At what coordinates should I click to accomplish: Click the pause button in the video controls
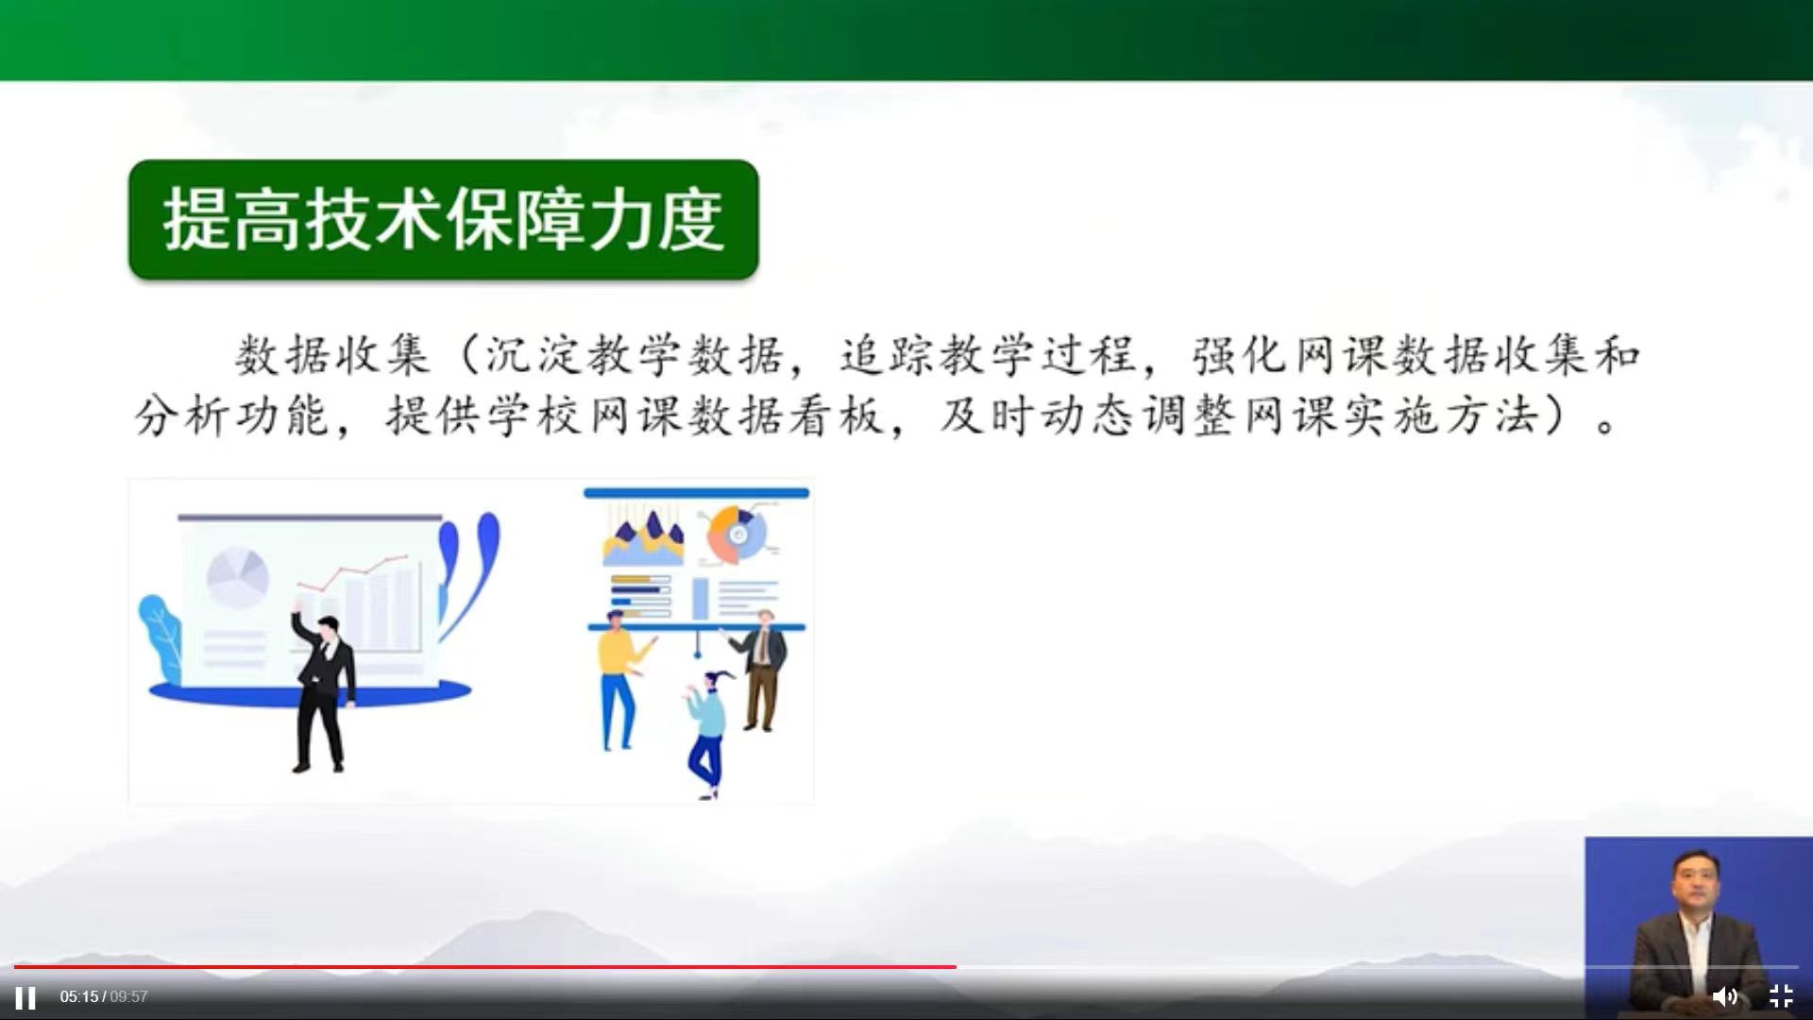click(25, 997)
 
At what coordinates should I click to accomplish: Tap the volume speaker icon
click(1724, 996)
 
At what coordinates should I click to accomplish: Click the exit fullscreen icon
click(1781, 996)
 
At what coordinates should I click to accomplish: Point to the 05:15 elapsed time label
click(78, 997)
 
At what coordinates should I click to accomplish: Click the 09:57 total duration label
click(129, 997)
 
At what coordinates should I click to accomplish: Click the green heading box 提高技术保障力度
click(443, 219)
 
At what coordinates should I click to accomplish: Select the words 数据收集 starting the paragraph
click(332, 355)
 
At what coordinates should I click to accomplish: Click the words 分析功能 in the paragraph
click(231, 415)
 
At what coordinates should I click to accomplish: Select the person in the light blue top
click(707, 727)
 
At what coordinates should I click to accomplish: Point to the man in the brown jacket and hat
click(764, 666)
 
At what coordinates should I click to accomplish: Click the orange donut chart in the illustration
click(737, 535)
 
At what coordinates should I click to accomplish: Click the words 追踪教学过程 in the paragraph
click(988, 355)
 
